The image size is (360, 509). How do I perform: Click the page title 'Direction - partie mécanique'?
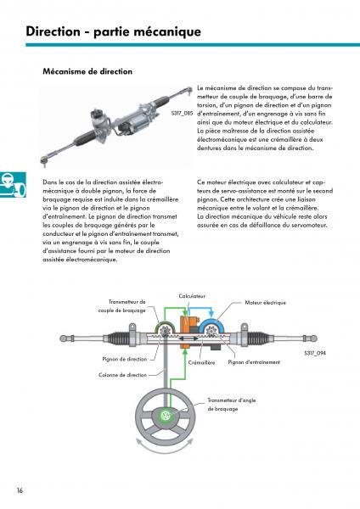tap(114, 31)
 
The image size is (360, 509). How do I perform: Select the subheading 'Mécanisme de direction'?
tap(87, 71)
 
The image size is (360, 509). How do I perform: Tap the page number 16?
tap(20, 490)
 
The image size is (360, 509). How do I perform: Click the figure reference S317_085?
tap(183, 114)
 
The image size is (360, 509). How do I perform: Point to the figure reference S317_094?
tap(315, 353)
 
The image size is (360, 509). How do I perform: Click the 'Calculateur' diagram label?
tap(192, 296)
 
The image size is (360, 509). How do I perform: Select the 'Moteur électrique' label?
tap(266, 303)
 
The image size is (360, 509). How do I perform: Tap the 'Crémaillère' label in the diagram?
tap(201, 362)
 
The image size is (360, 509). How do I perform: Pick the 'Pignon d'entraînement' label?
tap(254, 362)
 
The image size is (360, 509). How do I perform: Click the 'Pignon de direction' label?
tap(125, 359)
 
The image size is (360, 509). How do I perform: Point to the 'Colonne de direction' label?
tap(122, 375)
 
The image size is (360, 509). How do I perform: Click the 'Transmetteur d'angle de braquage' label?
tap(232, 405)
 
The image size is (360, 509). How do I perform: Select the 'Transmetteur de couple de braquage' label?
tap(122, 306)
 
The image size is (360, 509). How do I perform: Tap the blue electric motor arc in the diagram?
tap(212, 322)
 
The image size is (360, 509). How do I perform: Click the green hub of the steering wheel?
tap(166, 417)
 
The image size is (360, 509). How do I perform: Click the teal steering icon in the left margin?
tap(13, 185)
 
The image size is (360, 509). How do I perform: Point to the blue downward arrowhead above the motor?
tap(211, 314)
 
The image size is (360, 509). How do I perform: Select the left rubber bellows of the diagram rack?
tap(117, 338)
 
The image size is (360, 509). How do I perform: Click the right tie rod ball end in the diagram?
tap(313, 338)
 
